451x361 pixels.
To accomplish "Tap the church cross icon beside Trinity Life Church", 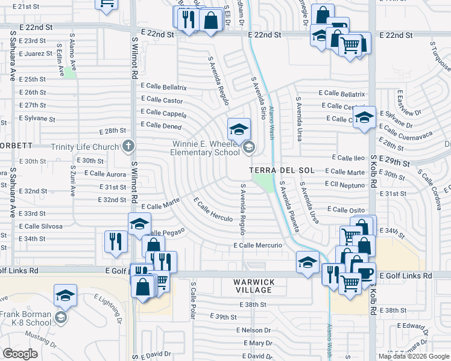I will (128, 146).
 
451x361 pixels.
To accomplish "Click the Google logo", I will (20, 354).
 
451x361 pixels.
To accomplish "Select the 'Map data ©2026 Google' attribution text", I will (414, 356).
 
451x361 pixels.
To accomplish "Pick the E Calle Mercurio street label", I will (258, 245).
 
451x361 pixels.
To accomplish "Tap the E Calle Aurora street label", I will (106, 173).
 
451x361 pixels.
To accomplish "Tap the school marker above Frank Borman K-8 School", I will (65, 295).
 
